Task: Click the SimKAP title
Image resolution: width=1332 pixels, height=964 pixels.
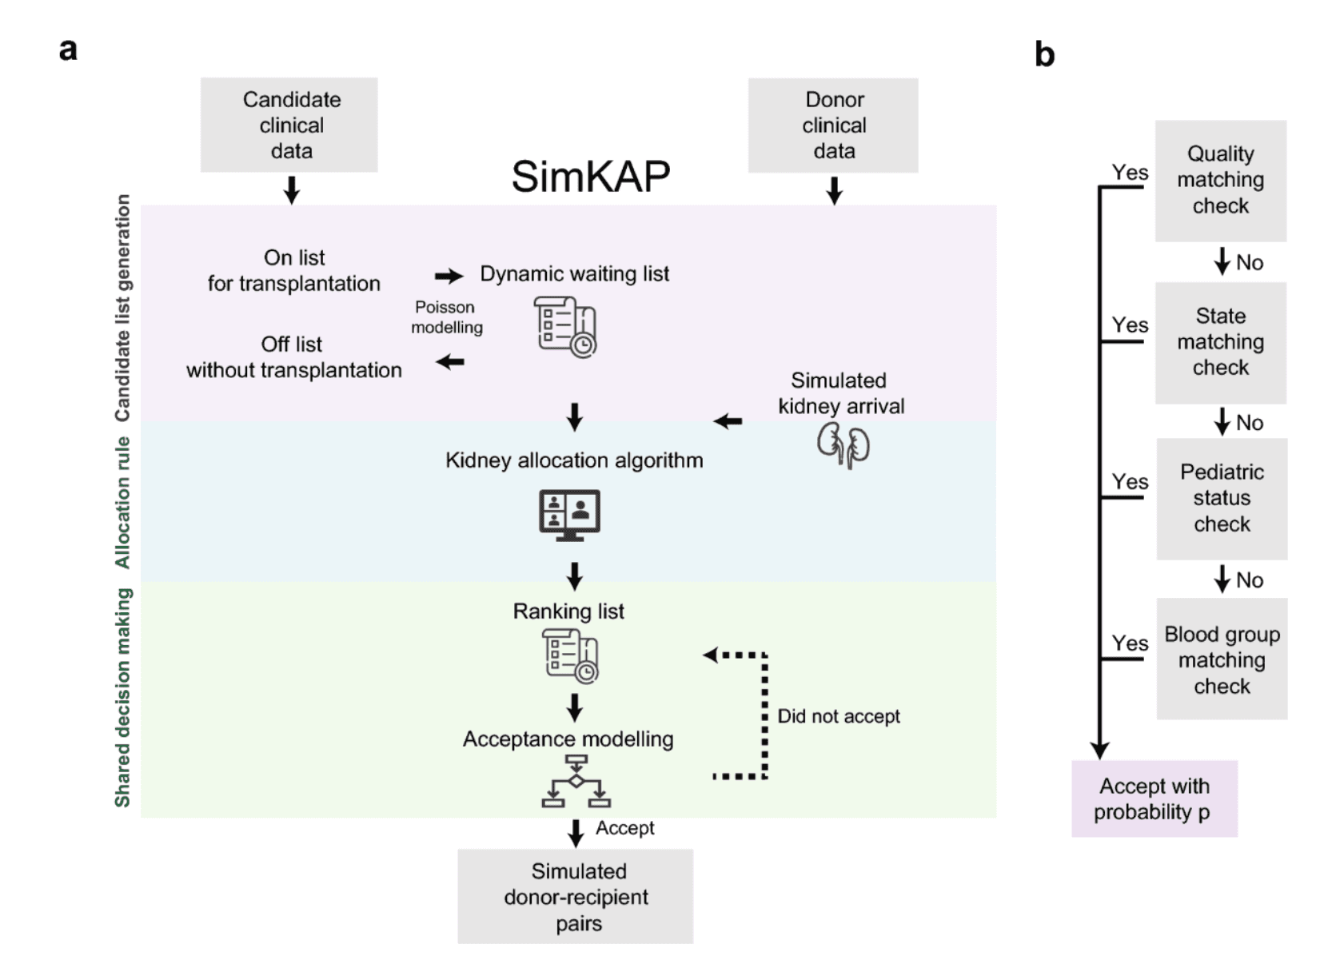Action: tap(590, 177)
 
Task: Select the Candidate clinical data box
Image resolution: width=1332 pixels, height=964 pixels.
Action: tap(289, 125)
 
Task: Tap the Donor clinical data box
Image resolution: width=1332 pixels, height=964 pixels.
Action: tap(833, 125)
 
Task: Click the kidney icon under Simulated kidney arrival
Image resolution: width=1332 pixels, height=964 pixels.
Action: tap(843, 445)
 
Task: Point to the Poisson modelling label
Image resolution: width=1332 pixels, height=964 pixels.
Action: tap(446, 317)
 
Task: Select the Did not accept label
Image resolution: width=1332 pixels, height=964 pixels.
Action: tap(838, 716)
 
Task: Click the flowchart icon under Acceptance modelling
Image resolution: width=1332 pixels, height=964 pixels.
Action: tap(576, 783)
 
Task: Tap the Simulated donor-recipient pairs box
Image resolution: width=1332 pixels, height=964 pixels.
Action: tap(576, 897)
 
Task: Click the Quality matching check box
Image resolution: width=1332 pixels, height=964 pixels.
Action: tap(1220, 181)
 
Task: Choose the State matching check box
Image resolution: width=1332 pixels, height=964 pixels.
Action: tap(1220, 342)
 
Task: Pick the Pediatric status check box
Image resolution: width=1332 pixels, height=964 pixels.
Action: tap(1222, 498)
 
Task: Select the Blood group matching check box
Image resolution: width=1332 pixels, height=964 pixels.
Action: tap(1222, 659)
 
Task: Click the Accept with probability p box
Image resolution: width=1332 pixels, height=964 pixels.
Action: tap(1154, 799)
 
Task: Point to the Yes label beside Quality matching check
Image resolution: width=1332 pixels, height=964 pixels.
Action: tap(1130, 173)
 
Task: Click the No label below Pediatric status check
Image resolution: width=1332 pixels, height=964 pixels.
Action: tap(1249, 580)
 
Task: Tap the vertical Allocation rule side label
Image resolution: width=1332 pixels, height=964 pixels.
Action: tap(122, 502)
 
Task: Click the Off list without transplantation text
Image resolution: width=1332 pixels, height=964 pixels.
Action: tap(293, 357)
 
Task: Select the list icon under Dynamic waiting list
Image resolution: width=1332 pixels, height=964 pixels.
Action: tap(565, 326)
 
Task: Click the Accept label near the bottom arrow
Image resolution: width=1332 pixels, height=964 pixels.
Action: tap(624, 828)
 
